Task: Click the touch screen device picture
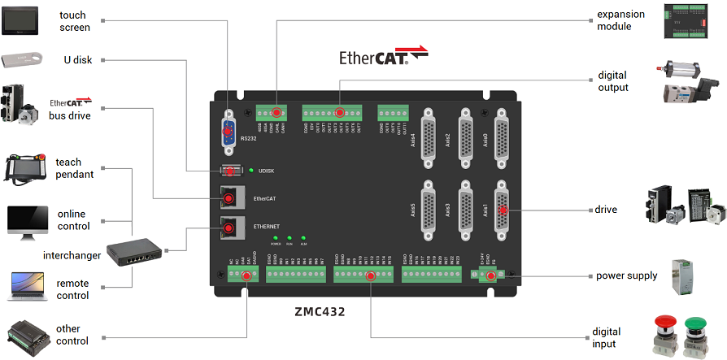[20, 21]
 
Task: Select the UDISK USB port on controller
[233, 171]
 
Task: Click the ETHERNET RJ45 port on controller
[232, 228]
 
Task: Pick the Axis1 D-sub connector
[503, 210]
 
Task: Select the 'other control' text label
[72, 335]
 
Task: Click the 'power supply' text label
[626, 275]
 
